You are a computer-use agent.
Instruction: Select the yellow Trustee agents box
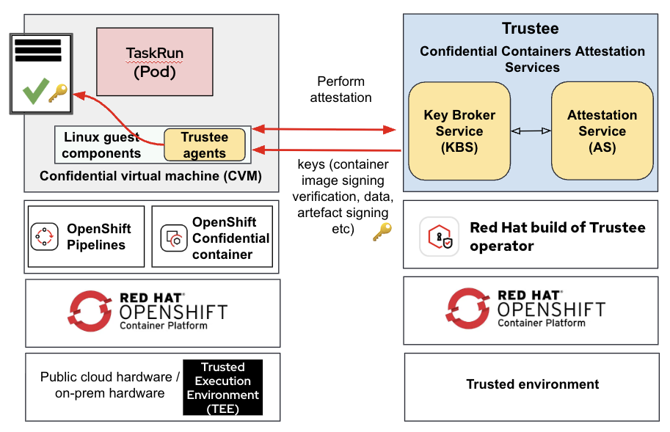tap(205, 145)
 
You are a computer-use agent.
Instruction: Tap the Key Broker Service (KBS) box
tap(459, 131)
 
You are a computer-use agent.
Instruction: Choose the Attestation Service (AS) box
tap(602, 131)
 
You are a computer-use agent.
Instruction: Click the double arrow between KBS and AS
tap(531, 131)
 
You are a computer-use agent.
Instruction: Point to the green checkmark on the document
tap(33, 92)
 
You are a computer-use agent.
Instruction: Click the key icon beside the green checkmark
tap(57, 93)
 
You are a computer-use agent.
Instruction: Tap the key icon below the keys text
tap(382, 233)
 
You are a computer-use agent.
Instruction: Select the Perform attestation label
tap(341, 89)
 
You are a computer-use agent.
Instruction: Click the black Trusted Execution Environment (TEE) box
tap(222, 388)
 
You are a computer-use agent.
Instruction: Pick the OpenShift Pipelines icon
tap(44, 236)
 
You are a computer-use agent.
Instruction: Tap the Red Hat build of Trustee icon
tap(440, 236)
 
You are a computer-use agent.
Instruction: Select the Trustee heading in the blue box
tap(530, 29)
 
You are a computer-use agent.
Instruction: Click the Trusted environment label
tap(533, 384)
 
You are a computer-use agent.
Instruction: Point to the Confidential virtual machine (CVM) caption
tap(150, 176)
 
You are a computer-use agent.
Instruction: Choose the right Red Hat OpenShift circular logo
tap(468, 309)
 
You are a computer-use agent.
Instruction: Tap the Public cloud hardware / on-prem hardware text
tap(109, 385)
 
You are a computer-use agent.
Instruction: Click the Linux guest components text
tap(101, 145)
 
